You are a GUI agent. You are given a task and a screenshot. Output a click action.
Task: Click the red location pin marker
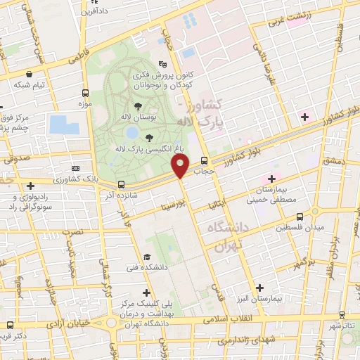pyautogui.click(x=181, y=167)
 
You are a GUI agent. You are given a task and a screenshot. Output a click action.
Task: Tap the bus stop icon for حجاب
pyautogui.click(x=204, y=160)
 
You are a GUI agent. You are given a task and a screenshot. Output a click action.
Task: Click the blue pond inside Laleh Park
pyautogui.click(x=131, y=132)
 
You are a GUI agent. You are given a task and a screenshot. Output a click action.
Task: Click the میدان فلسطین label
pyautogui.click(x=300, y=229)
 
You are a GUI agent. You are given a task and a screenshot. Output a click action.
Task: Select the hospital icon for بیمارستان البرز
pyautogui.click(x=260, y=288)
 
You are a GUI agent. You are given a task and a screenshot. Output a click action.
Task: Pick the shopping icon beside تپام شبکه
pyautogui.click(x=28, y=73)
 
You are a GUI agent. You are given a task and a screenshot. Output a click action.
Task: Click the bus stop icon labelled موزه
pyautogui.click(x=85, y=93)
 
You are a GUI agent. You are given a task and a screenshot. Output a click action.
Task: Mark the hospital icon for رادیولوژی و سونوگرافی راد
pyautogui.click(x=30, y=186)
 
